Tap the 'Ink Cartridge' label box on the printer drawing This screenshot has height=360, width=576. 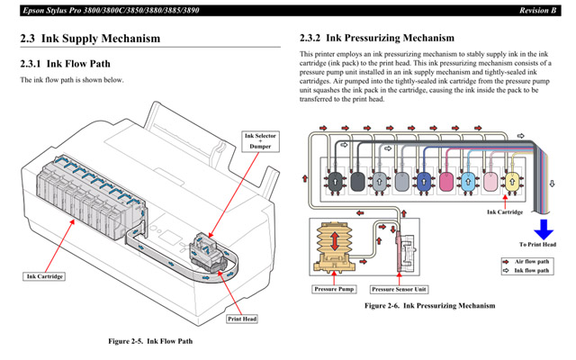tap(44, 276)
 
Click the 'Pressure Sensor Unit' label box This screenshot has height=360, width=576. tap(398, 290)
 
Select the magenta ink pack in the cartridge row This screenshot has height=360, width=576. tap(445, 183)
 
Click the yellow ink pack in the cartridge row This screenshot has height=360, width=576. tap(513, 183)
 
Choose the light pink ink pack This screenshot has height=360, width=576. tap(490, 183)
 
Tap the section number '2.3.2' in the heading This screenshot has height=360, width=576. tap(310, 39)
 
